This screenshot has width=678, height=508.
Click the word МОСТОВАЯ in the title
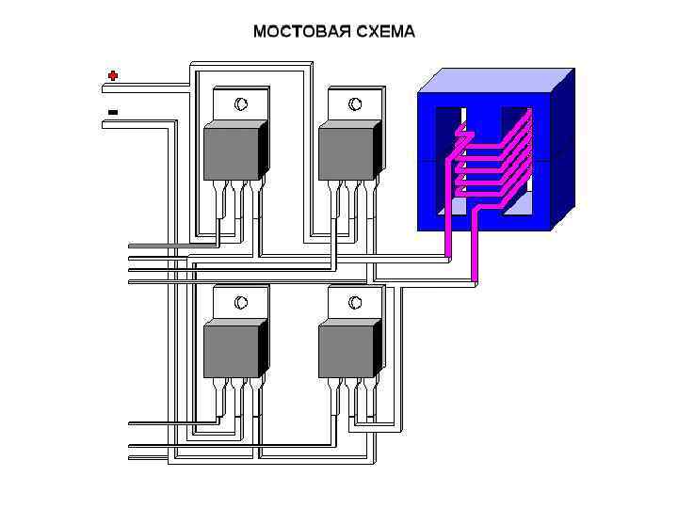click(293, 32)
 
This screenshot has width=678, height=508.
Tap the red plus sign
click(113, 75)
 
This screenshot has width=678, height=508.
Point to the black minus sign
click(113, 112)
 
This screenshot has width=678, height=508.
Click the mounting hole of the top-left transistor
click(240, 103)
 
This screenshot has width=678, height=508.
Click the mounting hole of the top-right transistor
click(355, 103)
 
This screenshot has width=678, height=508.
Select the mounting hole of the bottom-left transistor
click(240, 302)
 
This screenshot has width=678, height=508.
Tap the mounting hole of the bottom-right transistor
click(355, 302)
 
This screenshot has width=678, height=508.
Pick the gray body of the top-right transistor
click(347, 152)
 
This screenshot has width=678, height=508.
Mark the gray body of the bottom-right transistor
click(347, 350)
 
